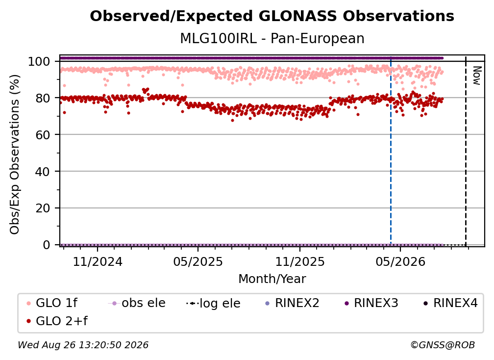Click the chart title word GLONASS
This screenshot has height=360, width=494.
(297, 16)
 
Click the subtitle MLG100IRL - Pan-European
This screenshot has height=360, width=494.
(272, 38)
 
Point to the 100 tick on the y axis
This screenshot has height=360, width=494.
(39, 61)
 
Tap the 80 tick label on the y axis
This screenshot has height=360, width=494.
(43, 98)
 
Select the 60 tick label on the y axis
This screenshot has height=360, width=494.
(43, 135)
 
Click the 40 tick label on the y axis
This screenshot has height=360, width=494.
(43, 172)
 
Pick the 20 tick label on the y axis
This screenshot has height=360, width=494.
(43, 208)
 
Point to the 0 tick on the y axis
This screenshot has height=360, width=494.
(46, 245)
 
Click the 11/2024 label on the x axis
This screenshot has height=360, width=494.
(98, 261)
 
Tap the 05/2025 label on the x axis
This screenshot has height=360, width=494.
(198, 261)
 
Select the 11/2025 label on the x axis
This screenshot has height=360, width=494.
(300, 261)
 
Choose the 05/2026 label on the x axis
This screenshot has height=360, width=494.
(400, 261)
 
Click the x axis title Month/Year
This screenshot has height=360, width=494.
(272, 279)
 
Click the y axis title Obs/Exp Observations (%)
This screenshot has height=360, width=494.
(15, 154)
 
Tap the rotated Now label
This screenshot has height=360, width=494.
(477, 76)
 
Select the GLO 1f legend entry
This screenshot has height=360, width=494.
(52, 303)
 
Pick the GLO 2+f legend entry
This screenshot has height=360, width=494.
(57, 321)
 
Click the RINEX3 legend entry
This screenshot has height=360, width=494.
(371, 303)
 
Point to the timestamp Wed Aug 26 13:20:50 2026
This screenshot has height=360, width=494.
(83, 345)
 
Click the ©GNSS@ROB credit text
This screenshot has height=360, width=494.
(443, 345)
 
